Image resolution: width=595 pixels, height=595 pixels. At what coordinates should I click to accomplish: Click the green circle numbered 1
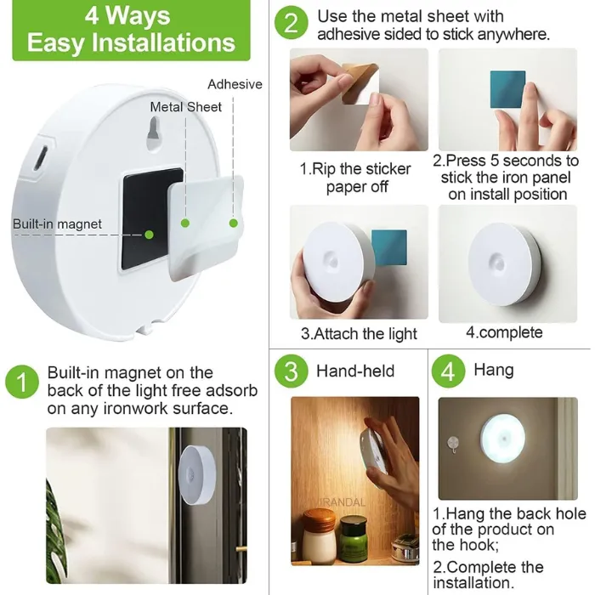click(x=22, y=382)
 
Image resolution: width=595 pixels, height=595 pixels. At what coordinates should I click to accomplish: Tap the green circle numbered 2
click(x=291, y=23)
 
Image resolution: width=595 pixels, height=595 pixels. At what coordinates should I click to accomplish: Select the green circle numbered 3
click(x=291, y=371)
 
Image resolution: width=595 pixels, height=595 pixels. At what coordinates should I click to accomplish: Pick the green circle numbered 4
click(x=448, y=371)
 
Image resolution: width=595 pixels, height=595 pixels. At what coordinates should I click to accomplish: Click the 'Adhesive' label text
click(x=235, y=84)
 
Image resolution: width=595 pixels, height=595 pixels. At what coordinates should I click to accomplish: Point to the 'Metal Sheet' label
click(x=186, y=107)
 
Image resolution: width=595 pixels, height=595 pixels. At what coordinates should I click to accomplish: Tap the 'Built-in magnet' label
click(x=57, y=224)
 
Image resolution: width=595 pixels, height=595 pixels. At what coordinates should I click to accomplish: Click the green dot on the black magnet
click(x=149, y=235)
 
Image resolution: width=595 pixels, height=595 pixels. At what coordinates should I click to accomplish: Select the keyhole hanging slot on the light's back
click(x=153, y=133)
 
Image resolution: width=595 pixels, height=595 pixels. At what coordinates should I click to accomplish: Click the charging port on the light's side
click(x=40, y=159)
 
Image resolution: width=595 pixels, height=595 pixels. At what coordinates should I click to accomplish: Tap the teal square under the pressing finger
click(x=507, y=89)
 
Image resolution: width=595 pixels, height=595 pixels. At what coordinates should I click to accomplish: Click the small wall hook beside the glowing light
click(x=453, y=445)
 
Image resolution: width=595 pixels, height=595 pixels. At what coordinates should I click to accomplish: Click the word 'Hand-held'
click(x=355, y=371)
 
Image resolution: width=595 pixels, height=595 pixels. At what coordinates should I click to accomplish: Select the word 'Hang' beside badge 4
click(x=494, y=370)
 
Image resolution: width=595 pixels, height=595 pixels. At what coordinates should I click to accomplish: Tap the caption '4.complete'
click(x=504, y=332)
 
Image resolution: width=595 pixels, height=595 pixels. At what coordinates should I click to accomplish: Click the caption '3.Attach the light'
click(x=359, y=334)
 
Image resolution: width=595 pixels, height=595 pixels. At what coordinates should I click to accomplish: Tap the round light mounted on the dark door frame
click(x=197, y=474)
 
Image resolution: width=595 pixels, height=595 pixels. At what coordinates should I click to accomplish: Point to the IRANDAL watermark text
click(x=343, y=502)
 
